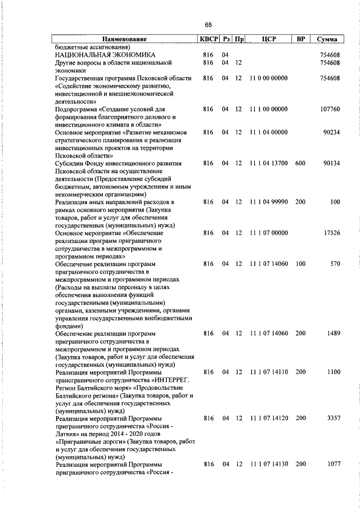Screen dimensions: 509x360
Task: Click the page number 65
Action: pyautogui.click(x=208, y=25)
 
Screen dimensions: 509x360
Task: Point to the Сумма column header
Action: pyautogui.click(x=327, y=39)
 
